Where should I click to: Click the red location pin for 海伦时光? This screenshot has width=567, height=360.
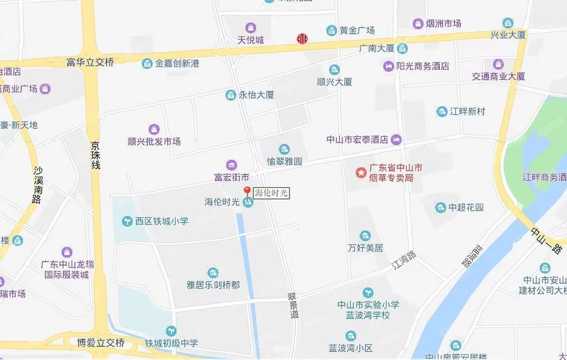pyautogui.click(x=247, y=191)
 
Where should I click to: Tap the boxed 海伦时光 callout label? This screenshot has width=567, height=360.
pyautogui.click(x=271, y=193)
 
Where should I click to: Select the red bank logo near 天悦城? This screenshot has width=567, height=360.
pyautogui.click(x=301, y=39)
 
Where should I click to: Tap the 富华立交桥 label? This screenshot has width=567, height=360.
pyautogui.click(x=90, y=62)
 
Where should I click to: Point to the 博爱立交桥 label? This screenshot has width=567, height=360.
pyautogui.click(x=101, y=343)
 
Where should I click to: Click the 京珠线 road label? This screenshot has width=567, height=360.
pyautogui.click(x=96, y=154)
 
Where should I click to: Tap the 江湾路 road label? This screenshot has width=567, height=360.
pyautogui.click(x=405, y=260)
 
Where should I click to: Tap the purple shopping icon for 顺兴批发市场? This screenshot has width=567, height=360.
pyautogui.click(x=154, y=129)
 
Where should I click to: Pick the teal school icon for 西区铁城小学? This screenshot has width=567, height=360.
pyautogui.click(x=127, y=221)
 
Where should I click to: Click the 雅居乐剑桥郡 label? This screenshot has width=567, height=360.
pyautogui.click(x=213, y=285)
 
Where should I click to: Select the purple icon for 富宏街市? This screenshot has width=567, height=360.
pyautogui.click(x=232, y=165)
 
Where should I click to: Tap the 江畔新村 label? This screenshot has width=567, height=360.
pyautogui.click(x=467, y=111)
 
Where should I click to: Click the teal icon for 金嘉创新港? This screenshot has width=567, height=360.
pyautogui.click(x=147, y=63)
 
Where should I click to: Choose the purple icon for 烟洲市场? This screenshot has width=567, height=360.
pyautogui.click(x=418, y=23)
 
